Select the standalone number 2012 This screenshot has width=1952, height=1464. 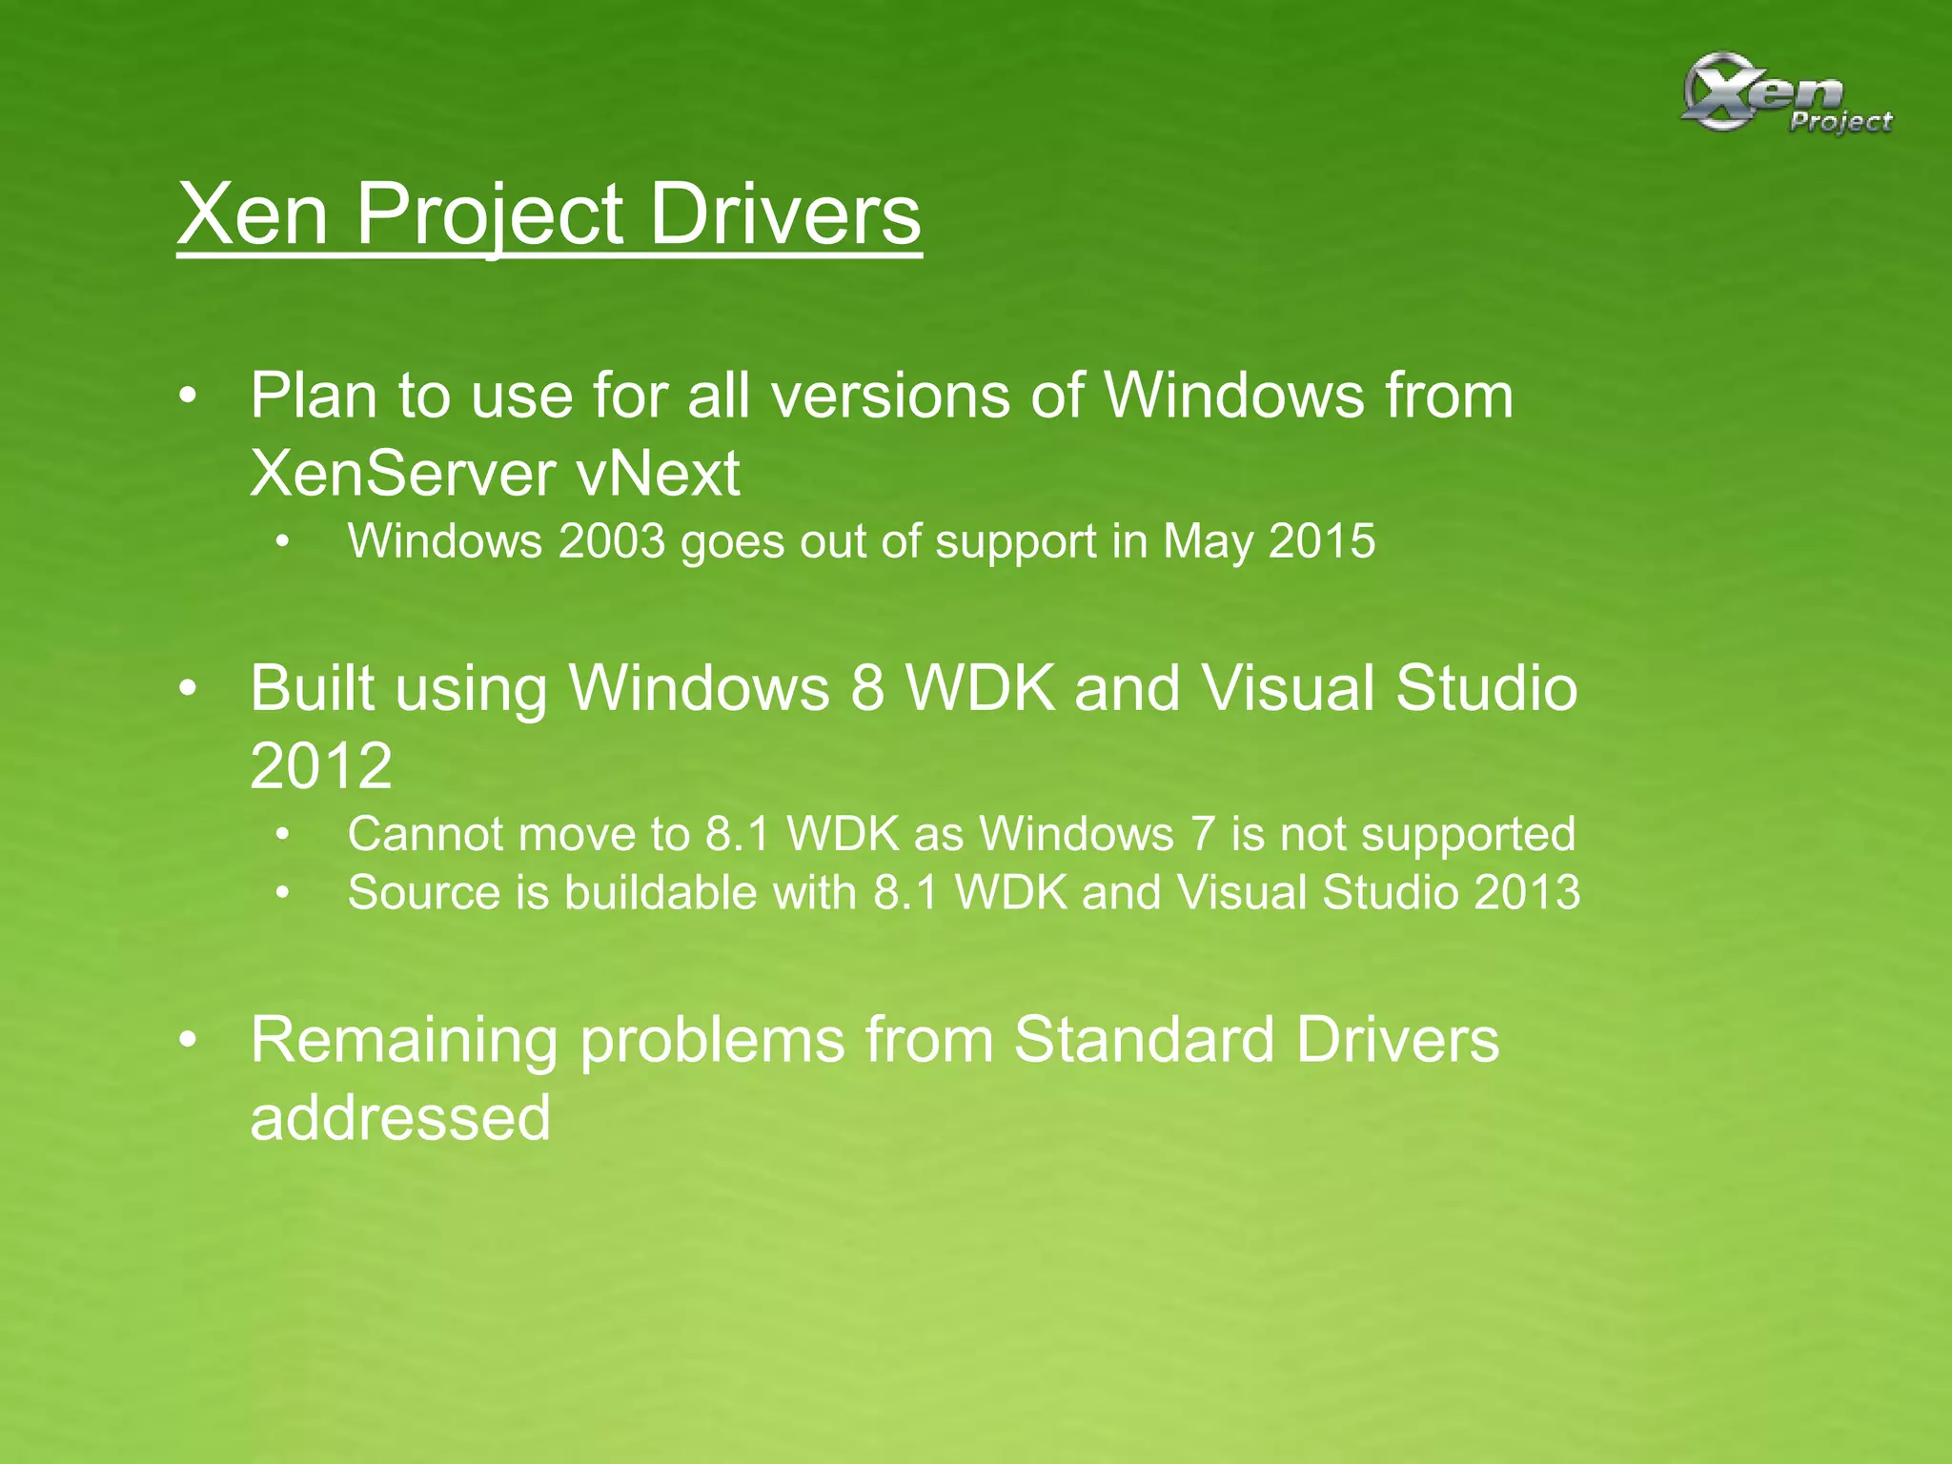320,765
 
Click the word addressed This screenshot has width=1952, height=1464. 400,1117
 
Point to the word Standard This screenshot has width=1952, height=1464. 1143,1039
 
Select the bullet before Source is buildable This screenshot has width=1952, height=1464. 281,894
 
